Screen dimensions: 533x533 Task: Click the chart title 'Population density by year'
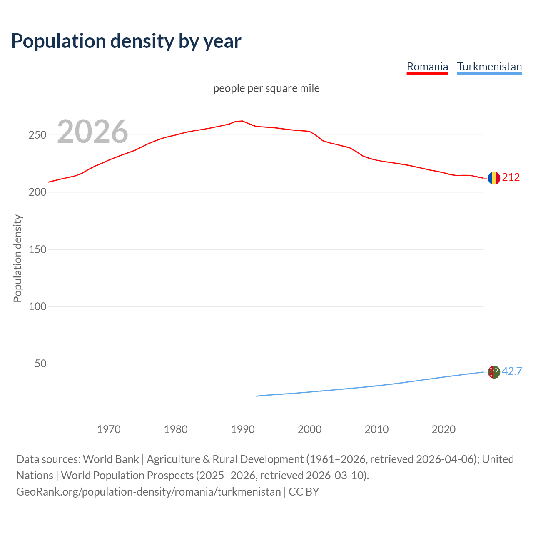[x=126, y=41]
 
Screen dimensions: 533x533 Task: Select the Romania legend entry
[x=427, y=67]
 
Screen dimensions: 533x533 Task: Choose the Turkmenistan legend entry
[x=489, y=67]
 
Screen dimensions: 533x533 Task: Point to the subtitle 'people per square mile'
[x=266, y=88]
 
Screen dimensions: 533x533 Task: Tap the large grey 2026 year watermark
[x=92, y=132]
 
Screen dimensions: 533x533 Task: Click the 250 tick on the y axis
[x=37, y=135]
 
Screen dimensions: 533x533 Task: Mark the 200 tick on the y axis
[x=37, y=192]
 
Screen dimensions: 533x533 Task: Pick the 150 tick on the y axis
[x=37, y=249]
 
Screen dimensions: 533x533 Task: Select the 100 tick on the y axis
[x=37, y=307]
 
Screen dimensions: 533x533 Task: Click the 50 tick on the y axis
[x=40, y=364]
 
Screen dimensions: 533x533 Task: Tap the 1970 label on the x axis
[x=109, y=429]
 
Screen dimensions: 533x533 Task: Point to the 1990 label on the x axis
[x=243, y=429]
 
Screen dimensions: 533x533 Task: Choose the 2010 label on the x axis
[x=376, y=429]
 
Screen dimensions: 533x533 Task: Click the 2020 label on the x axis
[x=443, y=429]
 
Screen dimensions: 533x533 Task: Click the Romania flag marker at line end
[x=494, y=178]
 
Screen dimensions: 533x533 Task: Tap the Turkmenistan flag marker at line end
[x=494, y=372]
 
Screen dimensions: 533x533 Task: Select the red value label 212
[x=511, y=177]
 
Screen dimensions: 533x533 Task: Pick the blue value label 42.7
[x=512, y=371]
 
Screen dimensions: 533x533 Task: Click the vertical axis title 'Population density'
[x=17, y=258]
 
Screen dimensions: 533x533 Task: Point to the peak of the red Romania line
[x=242, y=121]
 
